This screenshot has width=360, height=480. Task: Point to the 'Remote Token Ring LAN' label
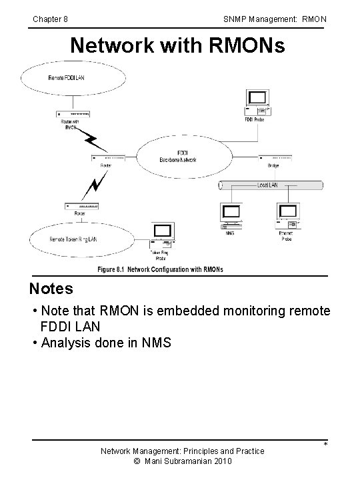[73, 239]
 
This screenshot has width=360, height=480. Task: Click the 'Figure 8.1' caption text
[160, 269]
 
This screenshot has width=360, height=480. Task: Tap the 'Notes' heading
[51, 289]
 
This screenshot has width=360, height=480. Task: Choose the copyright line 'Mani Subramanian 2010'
[181, 461]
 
